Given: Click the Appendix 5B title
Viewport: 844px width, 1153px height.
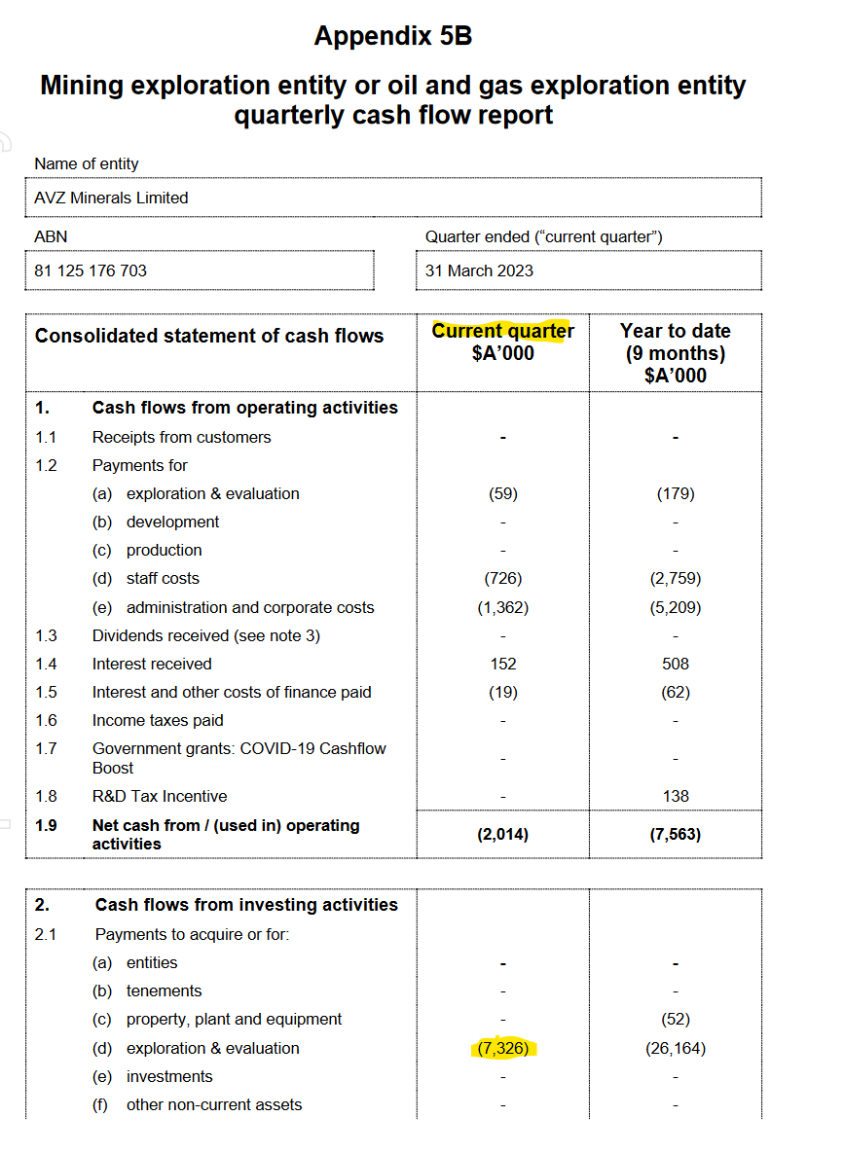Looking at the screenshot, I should coord(392,37).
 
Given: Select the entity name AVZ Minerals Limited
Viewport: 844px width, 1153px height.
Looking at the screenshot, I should coord(111,198).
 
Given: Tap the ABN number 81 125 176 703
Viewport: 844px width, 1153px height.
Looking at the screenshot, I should coord(91,270).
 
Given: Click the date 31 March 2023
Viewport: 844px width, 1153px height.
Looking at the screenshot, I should coord(479,270).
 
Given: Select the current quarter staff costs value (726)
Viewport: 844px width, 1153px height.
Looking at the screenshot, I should coord(502,578).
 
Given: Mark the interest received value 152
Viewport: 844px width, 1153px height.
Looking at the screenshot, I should coord(502,664).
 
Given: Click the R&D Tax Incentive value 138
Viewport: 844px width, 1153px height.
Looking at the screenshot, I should coord(675,796).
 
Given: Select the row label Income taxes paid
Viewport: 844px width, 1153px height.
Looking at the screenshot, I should coord(158,720).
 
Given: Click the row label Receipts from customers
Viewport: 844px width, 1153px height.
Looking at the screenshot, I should coord(181,437).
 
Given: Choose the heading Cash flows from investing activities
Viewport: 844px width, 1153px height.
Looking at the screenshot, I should coord(246,904).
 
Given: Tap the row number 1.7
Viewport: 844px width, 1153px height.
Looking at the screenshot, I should coord(46,748).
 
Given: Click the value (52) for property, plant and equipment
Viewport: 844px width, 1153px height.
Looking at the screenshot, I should coord(675,1019).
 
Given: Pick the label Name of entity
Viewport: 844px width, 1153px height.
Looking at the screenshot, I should coord(87,163).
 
